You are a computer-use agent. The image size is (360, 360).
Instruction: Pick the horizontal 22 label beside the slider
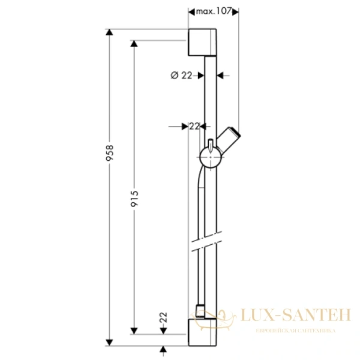coord(193,125)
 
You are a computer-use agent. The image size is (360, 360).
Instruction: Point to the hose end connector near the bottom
coord(200,312)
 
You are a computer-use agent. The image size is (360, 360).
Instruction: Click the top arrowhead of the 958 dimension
coord(109,33)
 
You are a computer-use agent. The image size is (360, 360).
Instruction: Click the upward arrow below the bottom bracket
coord(163,349)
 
